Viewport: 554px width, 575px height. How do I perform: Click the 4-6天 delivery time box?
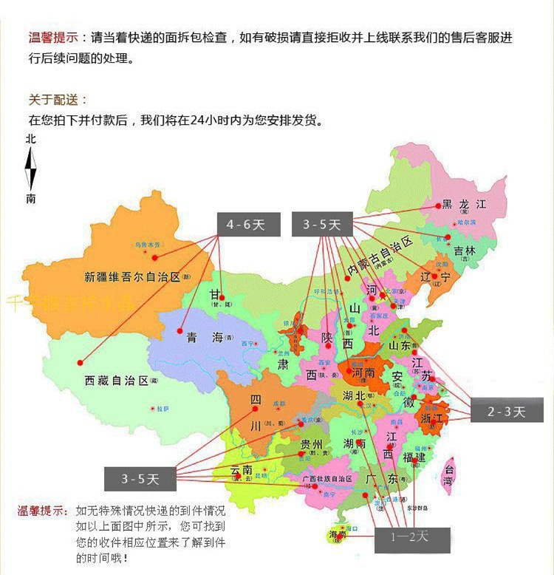247,225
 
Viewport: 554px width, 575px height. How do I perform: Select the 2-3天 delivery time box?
506,412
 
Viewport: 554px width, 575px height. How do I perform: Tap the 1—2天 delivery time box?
410,536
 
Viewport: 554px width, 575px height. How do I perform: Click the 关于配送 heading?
58,100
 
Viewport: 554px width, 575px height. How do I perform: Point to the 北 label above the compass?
30,138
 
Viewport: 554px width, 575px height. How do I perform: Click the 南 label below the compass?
30,198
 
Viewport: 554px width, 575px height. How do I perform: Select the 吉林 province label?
465,251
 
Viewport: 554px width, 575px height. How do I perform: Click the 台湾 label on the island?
448,474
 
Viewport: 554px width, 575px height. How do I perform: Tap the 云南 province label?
242,470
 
